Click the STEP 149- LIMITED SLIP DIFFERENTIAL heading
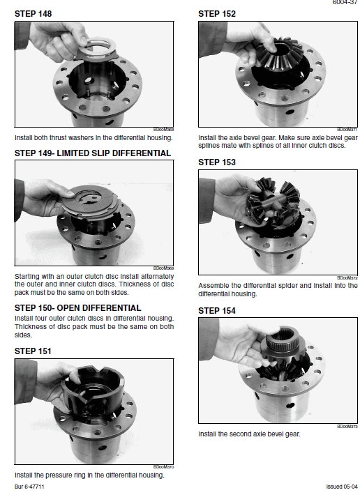point(92,153)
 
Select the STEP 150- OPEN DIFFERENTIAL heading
point(77,307)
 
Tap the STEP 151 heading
point(33,351)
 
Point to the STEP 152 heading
point(217,13)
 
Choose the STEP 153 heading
point(217,162)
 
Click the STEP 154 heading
point(217,310)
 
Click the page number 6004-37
point(345,3)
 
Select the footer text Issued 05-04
point(341,486)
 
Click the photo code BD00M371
point(346,129)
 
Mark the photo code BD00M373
point(346,426)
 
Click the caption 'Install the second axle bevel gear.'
point(249,434)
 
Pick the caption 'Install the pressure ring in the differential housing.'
point(89,475)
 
